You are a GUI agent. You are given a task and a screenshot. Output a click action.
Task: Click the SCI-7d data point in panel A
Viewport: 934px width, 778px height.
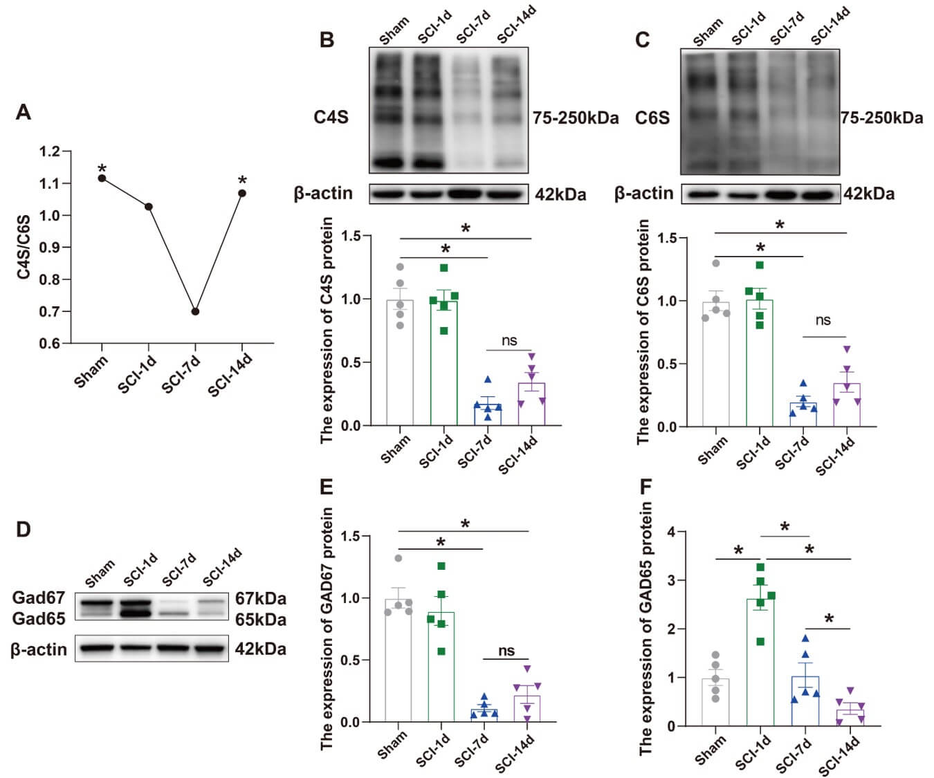[x=195, y=311]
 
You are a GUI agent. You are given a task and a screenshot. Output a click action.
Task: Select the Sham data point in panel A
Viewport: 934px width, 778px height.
[x=102, y=178]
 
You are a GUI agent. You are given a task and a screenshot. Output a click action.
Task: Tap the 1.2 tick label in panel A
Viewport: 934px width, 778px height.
[x=51, y=151]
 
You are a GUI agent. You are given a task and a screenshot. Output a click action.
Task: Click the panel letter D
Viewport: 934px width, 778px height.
[x=23, y=530]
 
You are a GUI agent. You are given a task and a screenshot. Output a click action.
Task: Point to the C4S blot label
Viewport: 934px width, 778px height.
[x=331, y=117]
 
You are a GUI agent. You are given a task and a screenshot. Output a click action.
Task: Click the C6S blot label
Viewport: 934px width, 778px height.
[x=652, y=118]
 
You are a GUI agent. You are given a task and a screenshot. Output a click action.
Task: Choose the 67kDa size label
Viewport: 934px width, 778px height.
[x=260, y=599]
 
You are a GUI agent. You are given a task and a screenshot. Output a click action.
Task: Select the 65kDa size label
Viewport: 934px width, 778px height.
[x=260, y=619]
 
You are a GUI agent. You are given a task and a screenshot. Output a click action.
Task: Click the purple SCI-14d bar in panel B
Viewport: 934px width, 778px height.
[x=531, y=404]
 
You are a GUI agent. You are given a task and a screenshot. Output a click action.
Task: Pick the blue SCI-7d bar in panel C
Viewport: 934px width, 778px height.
[x=803, y=414]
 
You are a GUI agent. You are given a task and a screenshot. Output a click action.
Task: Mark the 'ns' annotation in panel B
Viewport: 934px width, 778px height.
[x=509, y=340]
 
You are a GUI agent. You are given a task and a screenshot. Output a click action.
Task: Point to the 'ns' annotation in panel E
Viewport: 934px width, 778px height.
[x=506, y=650]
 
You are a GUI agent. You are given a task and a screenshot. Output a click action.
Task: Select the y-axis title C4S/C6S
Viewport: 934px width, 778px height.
[x=24, y=248]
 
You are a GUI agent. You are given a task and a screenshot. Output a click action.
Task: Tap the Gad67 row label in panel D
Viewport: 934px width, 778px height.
[x=38, y=598]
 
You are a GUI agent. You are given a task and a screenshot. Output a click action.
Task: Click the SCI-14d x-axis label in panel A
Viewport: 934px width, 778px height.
[x=230, y=376]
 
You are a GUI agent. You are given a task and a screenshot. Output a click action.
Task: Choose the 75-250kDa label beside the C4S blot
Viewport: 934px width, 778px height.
[x=575, y=118]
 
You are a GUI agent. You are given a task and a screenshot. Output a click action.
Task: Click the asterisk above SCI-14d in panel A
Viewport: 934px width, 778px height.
[x=242, y=182]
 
